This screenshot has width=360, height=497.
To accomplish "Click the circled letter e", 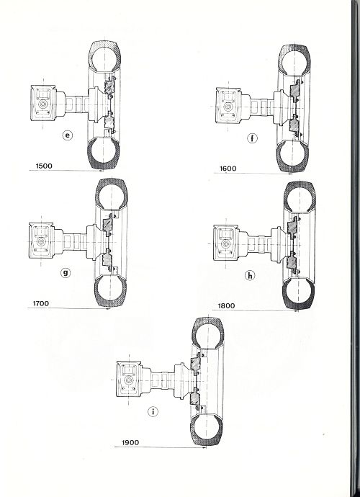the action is (x=67, y=135).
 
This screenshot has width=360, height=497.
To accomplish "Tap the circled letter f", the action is (x=252, y=138).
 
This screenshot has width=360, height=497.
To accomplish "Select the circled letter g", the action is (x=66, y=272).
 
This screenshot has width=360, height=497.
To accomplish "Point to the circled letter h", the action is (x=250, y=276).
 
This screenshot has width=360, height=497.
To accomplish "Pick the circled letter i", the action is (x=153, y=412).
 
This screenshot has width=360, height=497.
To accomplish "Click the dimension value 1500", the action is (x=44, y=166).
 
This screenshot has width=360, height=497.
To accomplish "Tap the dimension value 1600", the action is (x=228, y=169).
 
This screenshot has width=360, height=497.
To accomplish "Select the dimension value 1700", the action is (x=41, y=303).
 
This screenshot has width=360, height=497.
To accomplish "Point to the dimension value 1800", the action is (x=226, y=306).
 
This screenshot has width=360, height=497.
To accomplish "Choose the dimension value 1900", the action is (x=130, y=442).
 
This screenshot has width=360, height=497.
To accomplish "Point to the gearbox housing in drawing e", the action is (x=43, y=103).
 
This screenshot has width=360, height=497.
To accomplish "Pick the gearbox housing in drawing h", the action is (x=226, y=243).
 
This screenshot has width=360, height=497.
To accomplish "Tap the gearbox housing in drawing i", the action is (x=129, y=378).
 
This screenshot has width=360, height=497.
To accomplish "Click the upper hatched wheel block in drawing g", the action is (x=108, y=224).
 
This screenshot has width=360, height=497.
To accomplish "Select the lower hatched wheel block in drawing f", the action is (x=294, y=125).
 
